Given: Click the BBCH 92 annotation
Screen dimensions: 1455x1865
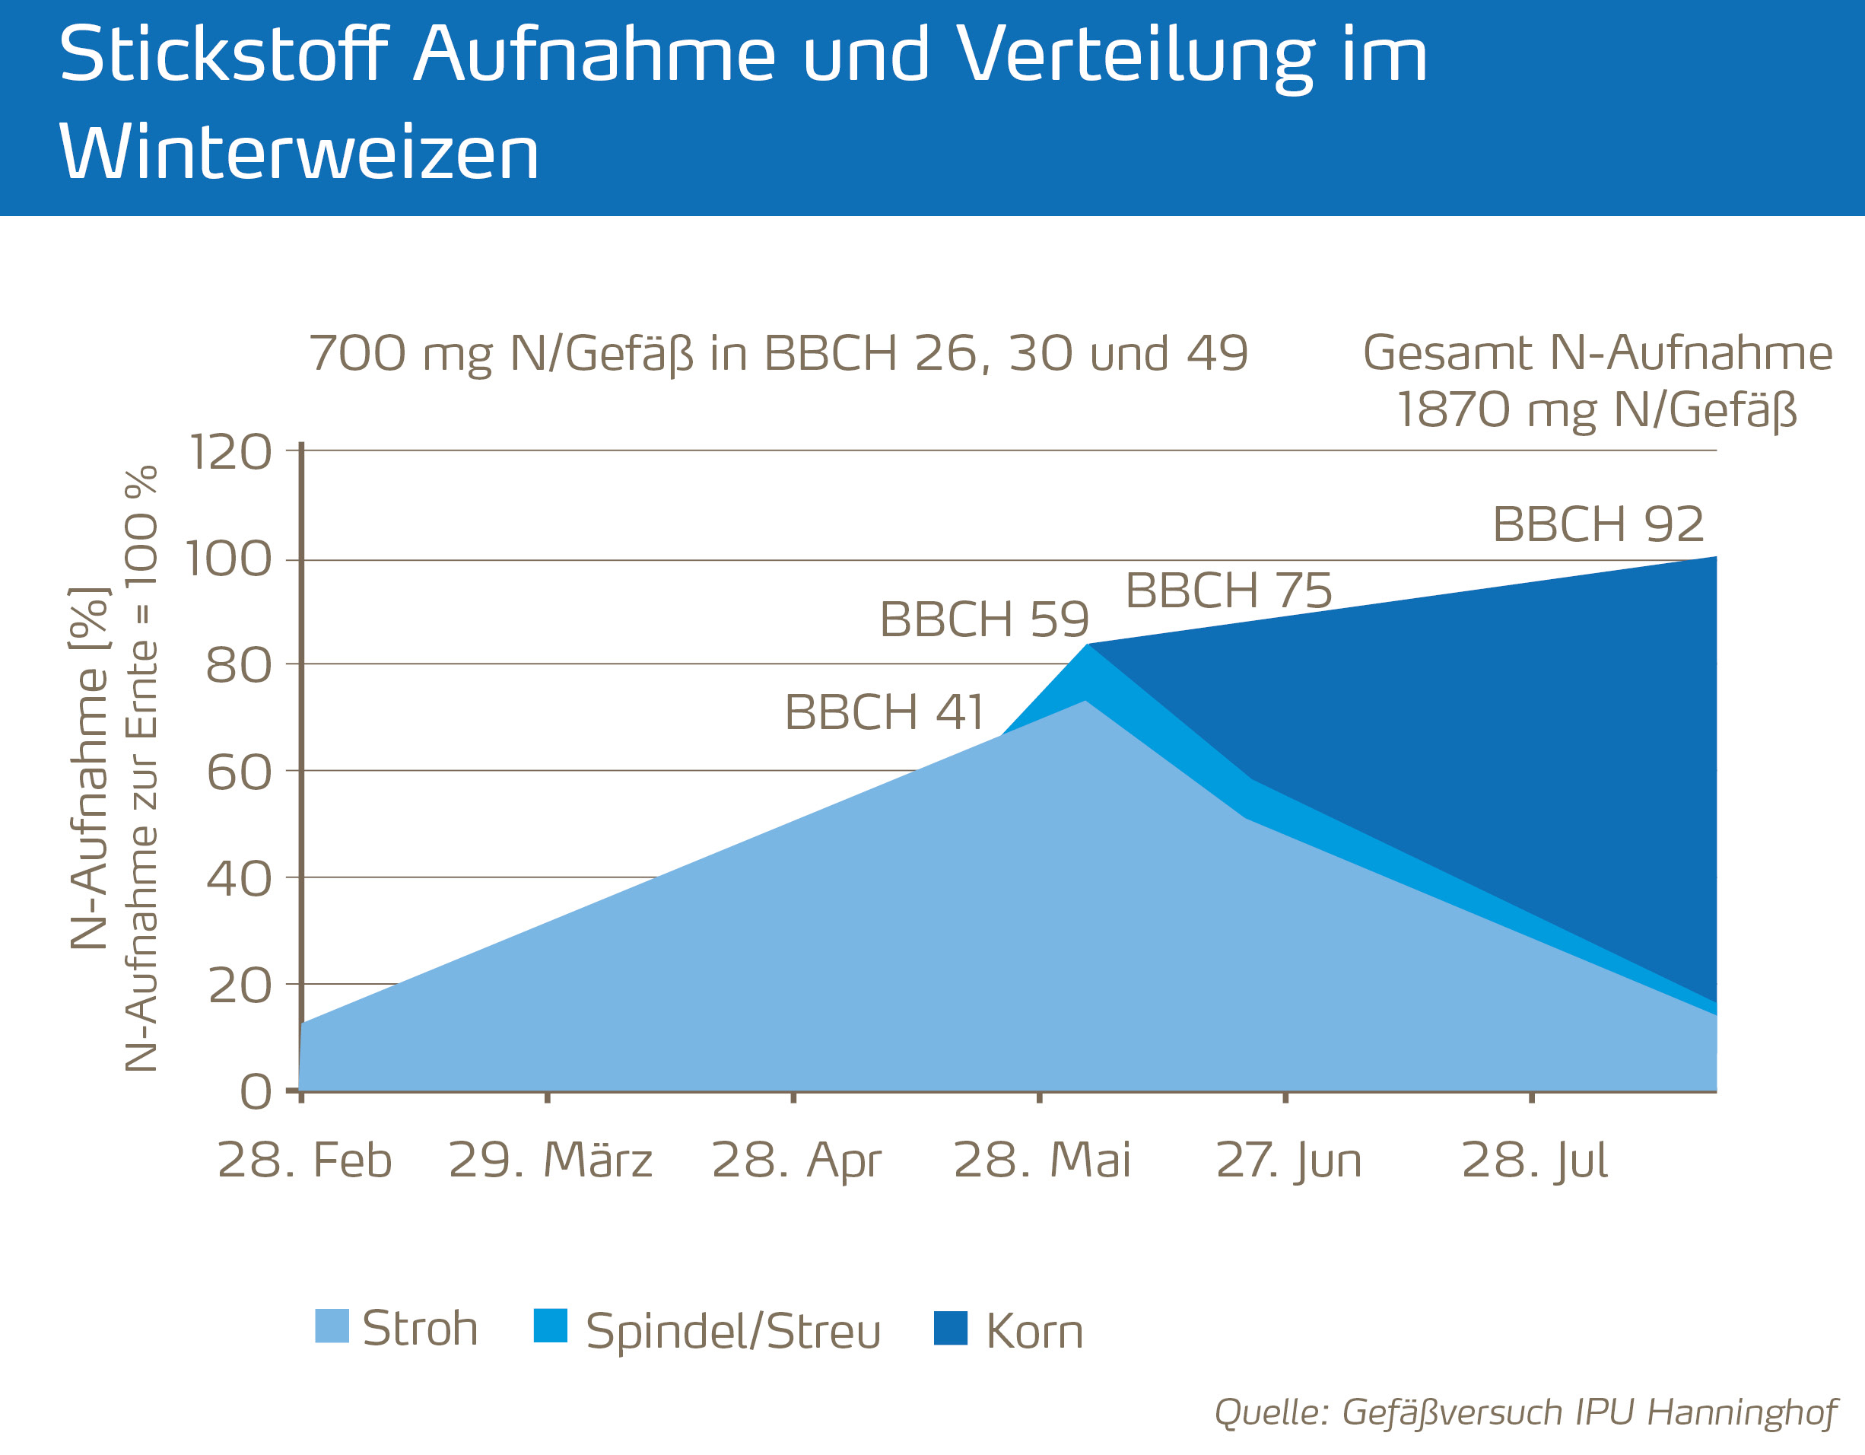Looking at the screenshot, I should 1597,524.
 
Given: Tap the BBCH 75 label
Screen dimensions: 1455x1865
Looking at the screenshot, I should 1228,591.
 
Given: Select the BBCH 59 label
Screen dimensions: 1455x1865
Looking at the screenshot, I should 983,619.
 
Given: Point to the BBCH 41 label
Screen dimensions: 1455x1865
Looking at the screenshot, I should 884,712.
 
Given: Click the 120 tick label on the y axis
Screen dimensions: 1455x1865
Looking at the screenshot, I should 229,452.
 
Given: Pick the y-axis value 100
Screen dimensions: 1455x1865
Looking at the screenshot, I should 228,561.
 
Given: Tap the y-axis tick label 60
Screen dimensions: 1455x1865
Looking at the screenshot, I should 238,772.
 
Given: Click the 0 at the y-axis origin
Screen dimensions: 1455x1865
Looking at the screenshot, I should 256,1092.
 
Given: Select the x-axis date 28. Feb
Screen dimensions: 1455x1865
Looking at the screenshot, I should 305,1160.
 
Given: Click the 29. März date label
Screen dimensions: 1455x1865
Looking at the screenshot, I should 550,1160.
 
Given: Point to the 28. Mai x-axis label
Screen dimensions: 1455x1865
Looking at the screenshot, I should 1042,1160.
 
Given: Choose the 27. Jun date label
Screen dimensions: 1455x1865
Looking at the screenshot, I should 1288,1160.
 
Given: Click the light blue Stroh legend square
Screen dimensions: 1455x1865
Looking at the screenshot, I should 332,1326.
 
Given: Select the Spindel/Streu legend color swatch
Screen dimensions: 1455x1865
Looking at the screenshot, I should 550,1326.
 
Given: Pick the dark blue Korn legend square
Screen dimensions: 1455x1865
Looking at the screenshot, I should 951,1329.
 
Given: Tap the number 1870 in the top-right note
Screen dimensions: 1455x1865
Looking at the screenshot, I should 1453,409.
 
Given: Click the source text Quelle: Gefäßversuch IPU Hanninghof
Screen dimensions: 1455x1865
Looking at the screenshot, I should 1525,1412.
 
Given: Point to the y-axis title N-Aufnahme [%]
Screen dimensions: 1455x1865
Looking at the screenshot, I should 89,769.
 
